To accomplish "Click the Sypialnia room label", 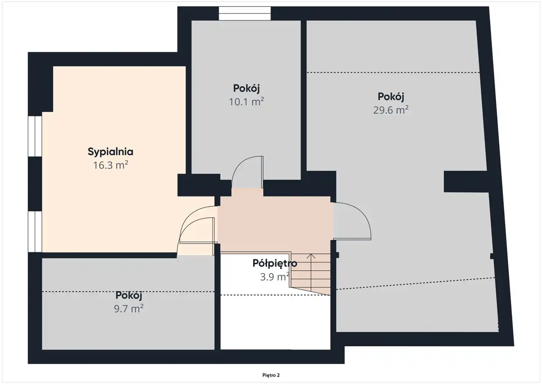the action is [111, 152].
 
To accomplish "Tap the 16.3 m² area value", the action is [111, 165].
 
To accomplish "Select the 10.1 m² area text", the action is [246, 101].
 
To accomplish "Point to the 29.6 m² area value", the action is [391, 110].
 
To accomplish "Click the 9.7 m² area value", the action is [128, 308].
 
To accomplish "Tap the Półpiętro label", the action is [275, 263].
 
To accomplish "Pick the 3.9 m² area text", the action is [275, 277].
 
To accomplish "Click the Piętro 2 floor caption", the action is [271, 375].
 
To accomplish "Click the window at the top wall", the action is [245, 13].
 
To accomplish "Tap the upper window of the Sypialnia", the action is [35, 136].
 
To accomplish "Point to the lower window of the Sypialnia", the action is [35, 232].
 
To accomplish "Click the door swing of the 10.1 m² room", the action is [247, 172].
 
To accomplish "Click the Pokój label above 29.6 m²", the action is [391, 97].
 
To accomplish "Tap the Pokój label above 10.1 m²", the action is [246, 89].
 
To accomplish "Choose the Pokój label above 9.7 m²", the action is [128, 295].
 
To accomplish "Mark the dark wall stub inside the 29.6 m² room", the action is [465, 182].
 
